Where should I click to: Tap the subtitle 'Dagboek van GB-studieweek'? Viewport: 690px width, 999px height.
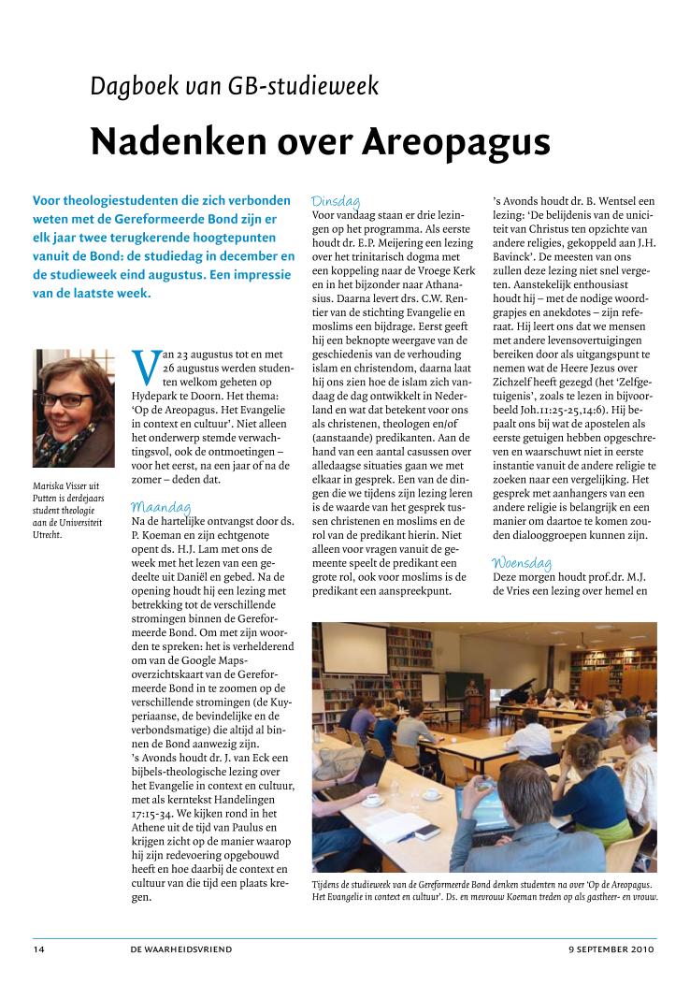pos(234,87)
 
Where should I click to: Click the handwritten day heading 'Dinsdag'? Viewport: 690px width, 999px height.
pos(337,200)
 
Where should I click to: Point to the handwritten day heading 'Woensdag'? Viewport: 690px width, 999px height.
pos(522,563)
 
